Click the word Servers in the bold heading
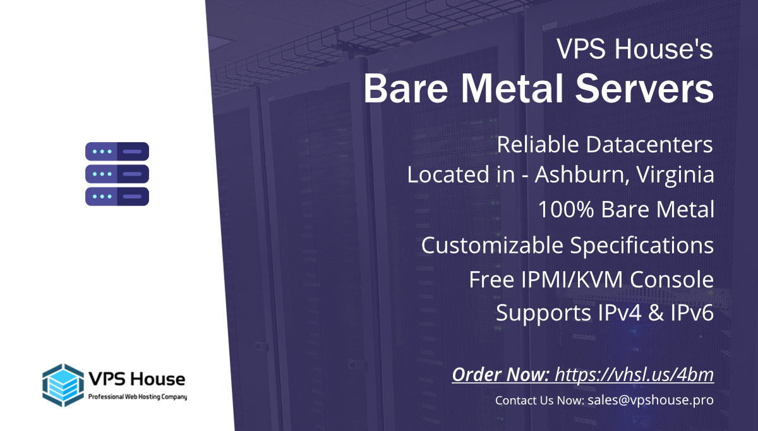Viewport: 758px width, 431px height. coord(644,88)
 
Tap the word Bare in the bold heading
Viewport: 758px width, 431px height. coord(406,88)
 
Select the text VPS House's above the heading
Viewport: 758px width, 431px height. coord(635,49)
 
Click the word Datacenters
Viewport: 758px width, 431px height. coord(649,145)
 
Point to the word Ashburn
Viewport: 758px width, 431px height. coord(579,174)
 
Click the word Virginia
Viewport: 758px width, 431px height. coord(675,175)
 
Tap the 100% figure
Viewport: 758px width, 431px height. coord(566,209)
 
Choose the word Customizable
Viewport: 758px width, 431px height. coord(492,245)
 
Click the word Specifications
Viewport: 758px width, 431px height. coord(642,245)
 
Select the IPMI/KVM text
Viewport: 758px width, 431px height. coord(572,280)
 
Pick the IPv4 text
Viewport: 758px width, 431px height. coord(620,312)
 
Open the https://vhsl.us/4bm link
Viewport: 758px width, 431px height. coord(634,375)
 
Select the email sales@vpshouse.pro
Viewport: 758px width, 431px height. coord(651,400)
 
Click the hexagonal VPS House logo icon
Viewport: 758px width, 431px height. coord(63,385)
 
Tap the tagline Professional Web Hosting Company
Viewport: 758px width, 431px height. coord(138,397)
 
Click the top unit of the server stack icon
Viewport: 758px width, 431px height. coord(117,151)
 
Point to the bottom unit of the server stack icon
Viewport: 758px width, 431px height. coord(117,197)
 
